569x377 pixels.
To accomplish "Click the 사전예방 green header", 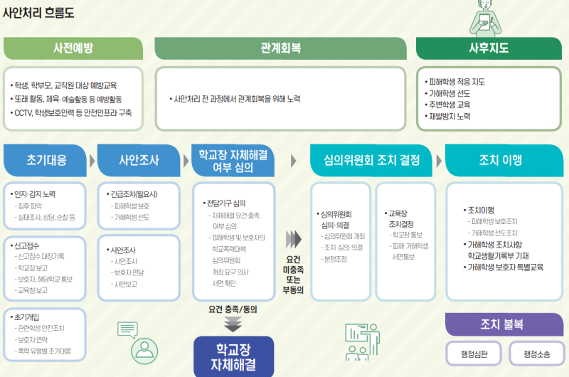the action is tap(73, 48).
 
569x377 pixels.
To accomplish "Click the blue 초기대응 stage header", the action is tap(46, 160).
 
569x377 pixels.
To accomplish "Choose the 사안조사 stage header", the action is tap(139, 160).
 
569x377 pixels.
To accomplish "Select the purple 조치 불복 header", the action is tap(501, 324).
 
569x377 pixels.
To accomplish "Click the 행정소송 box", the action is tap(533, 353).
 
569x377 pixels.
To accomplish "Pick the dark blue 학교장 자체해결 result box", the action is tap(233, 356).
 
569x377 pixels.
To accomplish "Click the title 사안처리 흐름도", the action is tap(38, 13).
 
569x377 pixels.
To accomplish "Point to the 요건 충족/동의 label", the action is tap(233, 309).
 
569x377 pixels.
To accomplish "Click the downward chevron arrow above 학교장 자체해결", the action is tap(233, 325).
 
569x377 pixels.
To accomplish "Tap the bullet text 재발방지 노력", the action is tap(449, 116).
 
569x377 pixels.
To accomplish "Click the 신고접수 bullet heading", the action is tap(29, 245).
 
